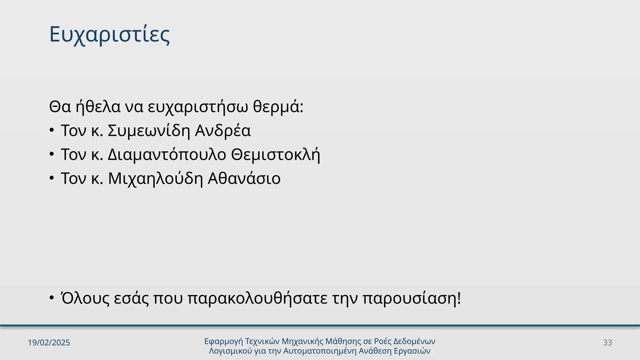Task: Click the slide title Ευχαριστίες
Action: pos(109,35)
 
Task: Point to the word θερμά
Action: pos(278,107)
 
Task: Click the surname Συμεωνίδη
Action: pos(149,131)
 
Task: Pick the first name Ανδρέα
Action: pos(223,131)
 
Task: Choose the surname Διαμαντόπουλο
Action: pos(167,155)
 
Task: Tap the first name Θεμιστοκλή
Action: pos(275,155)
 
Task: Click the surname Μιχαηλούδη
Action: pos(155,179)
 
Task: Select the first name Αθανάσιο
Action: pos(244,179)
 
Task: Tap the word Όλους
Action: pos(85,298)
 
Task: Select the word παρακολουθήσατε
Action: pos(257,298)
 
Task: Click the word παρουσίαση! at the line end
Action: pos(412,298)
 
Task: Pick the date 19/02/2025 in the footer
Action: pos(49,343)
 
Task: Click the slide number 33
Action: pos(607,343)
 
